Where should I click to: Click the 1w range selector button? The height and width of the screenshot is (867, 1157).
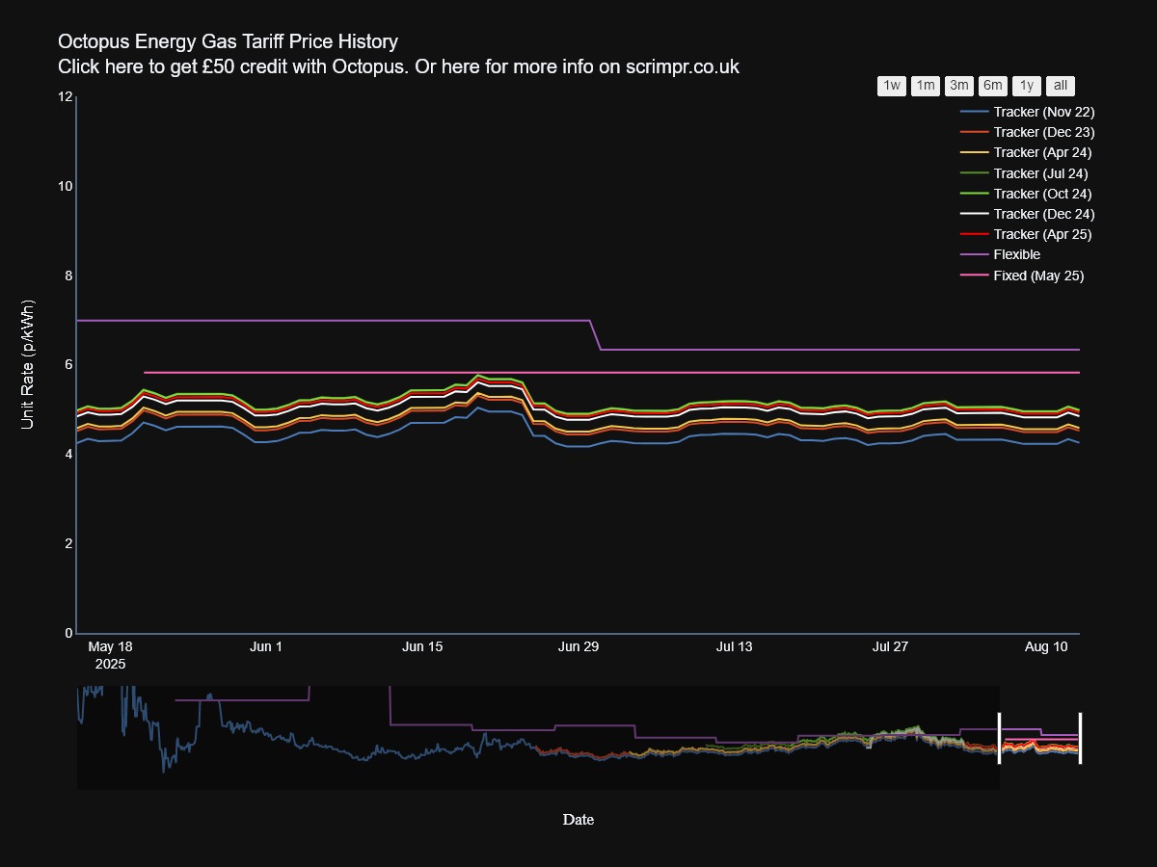click(892, 86)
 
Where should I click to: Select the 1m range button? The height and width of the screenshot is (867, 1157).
click(926, 86)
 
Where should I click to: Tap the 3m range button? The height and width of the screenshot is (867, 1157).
click(959, 86)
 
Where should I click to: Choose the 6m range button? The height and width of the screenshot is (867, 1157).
click(993, 86)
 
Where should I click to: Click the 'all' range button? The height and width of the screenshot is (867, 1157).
click(1061, 86)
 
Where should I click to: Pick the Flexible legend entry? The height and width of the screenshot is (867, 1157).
click(1016, 255)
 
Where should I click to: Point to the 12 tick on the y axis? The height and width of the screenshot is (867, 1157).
click(66, 96)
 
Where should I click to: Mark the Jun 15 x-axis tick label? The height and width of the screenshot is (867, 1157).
click(422, 647)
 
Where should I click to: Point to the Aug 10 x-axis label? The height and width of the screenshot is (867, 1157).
click(1046, 647)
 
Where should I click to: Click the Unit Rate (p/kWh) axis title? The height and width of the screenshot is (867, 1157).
click(28, 365)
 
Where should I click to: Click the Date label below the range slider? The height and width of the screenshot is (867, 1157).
click(578, 820)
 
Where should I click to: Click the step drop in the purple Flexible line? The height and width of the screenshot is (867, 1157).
click(596, 335)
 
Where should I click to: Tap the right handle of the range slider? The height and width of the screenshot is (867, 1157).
click(1080, 738)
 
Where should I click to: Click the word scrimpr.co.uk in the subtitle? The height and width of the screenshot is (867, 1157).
click(683, 66)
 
